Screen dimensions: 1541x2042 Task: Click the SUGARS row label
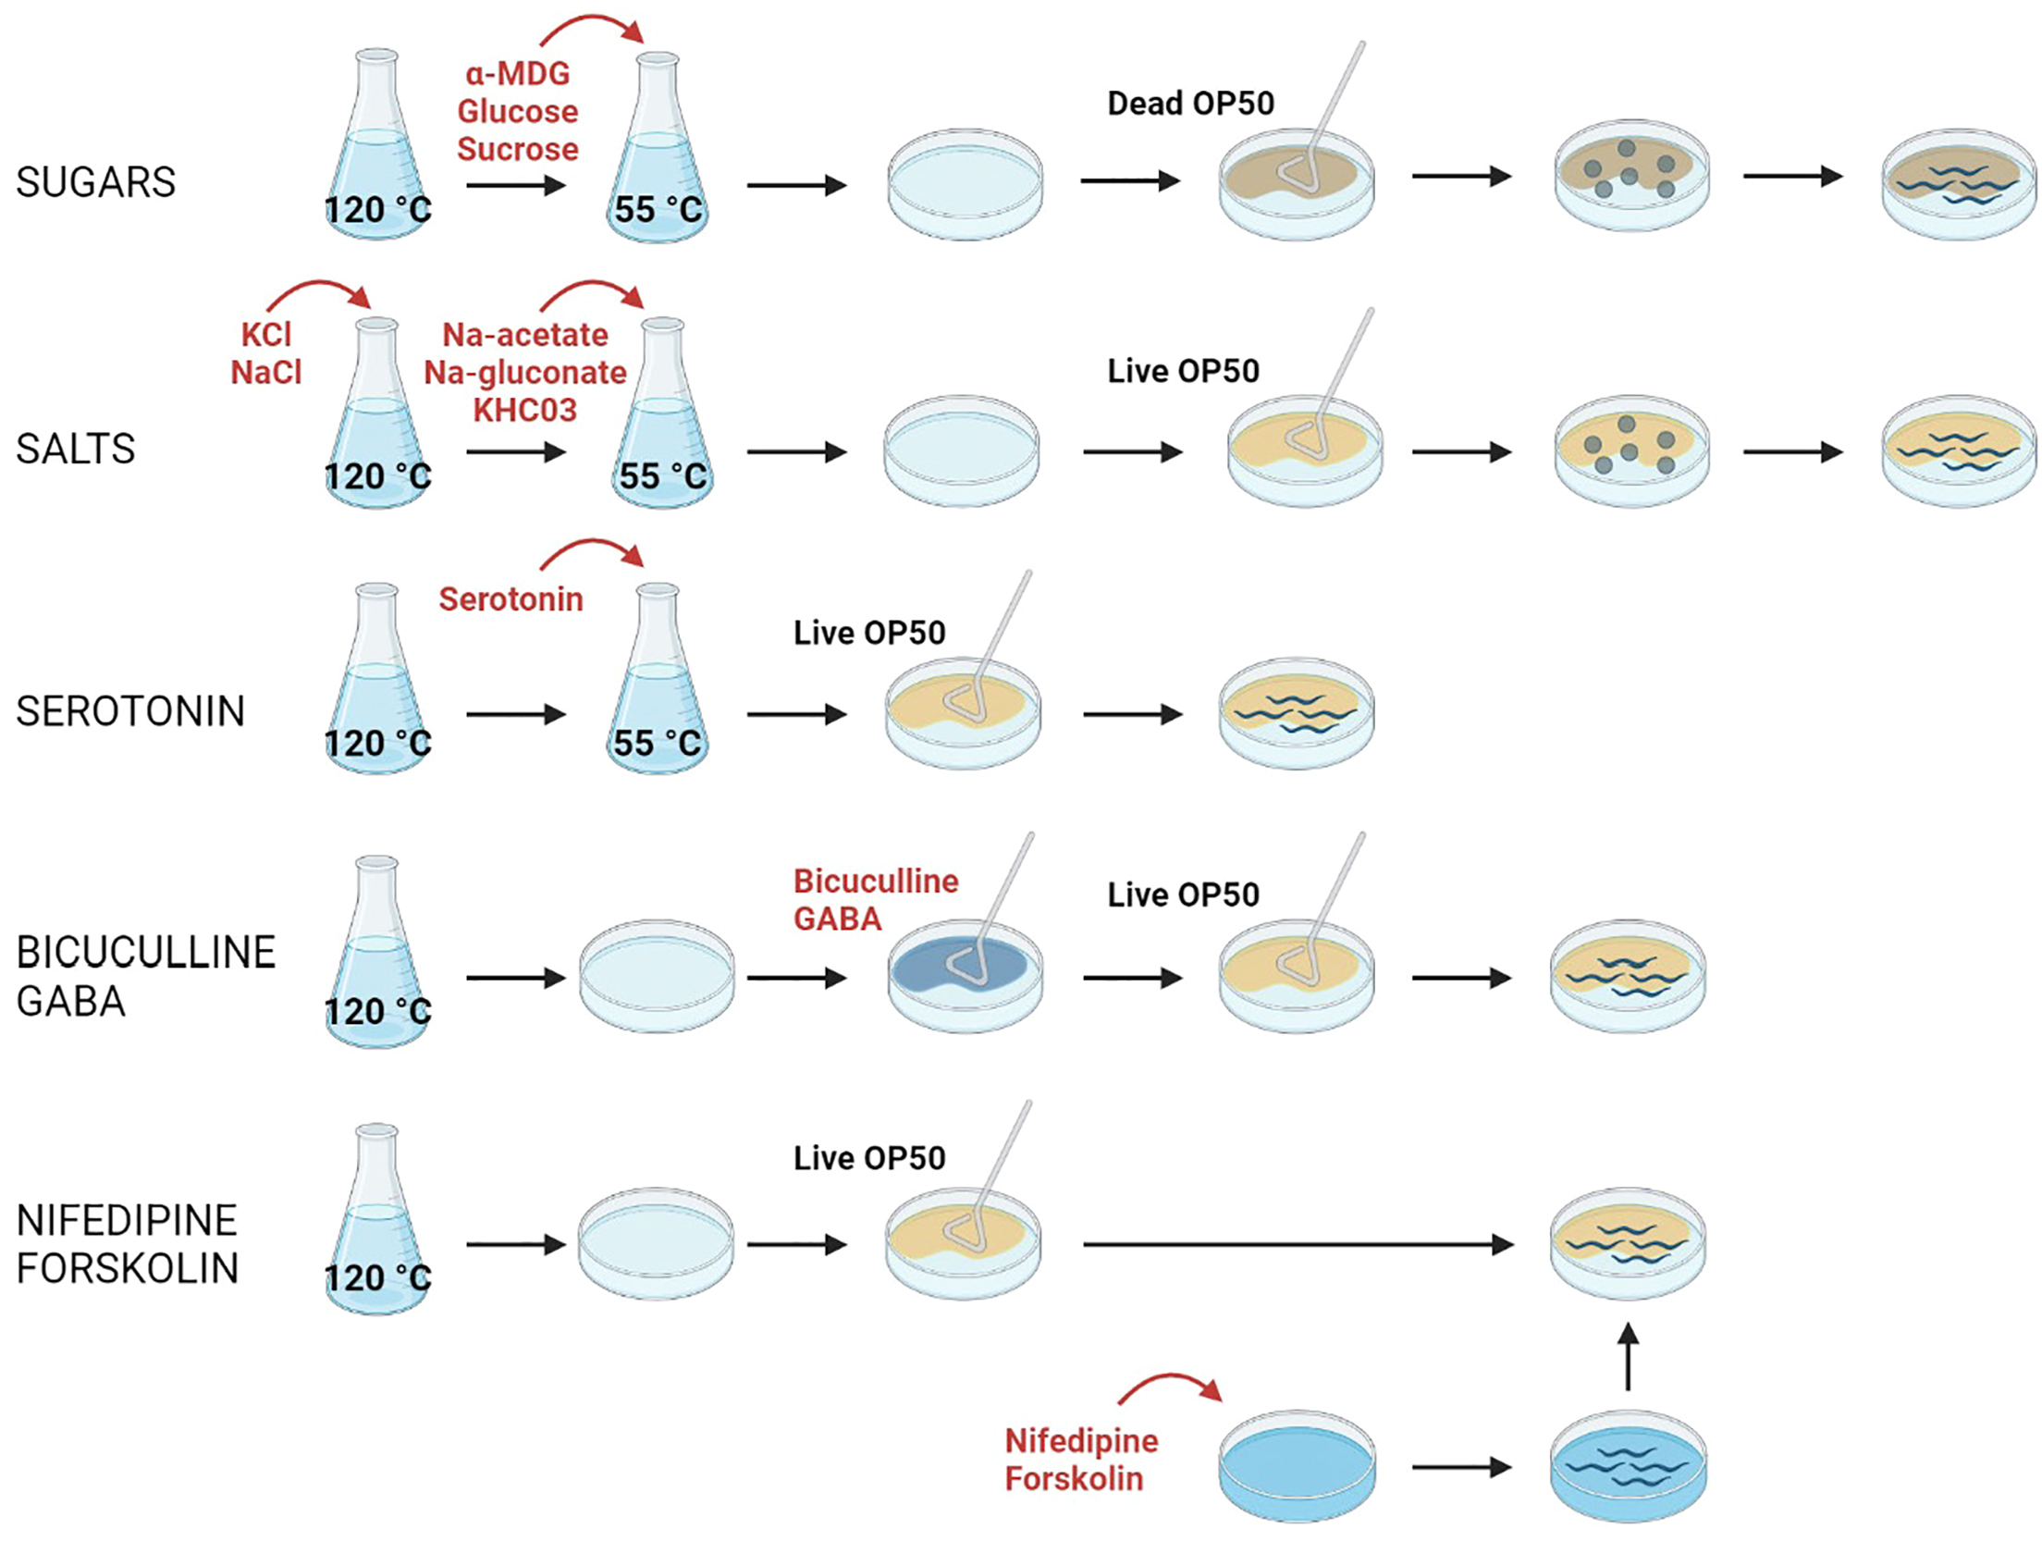(95, 182)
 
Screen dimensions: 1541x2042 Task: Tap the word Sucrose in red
(517, 149)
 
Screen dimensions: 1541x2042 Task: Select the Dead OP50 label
(1190, 103)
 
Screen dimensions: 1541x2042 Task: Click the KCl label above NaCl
(265, 334)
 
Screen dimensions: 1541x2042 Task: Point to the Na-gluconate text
(524, 373)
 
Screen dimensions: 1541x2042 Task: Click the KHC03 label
(524, 410)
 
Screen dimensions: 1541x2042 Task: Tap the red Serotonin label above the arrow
(511, 599)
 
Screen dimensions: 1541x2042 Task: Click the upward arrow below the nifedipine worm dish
(1628, 1356)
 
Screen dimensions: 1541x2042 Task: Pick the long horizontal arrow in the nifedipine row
(1295, 1245)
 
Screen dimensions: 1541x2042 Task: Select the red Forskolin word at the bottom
(1073, 1479)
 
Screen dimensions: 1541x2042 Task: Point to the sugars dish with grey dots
(1630, 176)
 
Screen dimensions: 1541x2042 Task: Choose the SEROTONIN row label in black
(130, 712)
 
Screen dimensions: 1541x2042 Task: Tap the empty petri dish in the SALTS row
(962, 451)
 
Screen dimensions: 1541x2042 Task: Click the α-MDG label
(517, 73)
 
